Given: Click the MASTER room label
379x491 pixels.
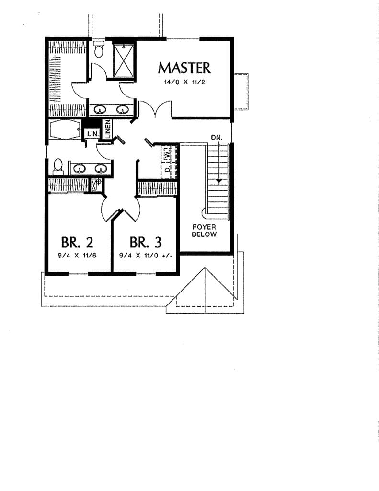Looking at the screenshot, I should point(184,67).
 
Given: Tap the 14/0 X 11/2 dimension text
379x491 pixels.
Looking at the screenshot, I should point(184,82).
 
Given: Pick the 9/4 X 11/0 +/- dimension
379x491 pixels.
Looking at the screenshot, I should point(146,255).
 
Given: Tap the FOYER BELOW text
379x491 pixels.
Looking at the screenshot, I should point(204,230).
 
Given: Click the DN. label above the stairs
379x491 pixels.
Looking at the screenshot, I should point(217,138).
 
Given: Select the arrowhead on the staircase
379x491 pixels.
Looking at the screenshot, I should point(218,181).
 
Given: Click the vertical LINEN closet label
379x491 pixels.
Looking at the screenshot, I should point(108,129).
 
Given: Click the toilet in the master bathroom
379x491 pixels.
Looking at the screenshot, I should point(99,49).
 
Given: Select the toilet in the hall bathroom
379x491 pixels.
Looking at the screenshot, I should point(58,165).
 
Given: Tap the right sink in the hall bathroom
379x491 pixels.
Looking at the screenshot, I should point(101,168).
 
